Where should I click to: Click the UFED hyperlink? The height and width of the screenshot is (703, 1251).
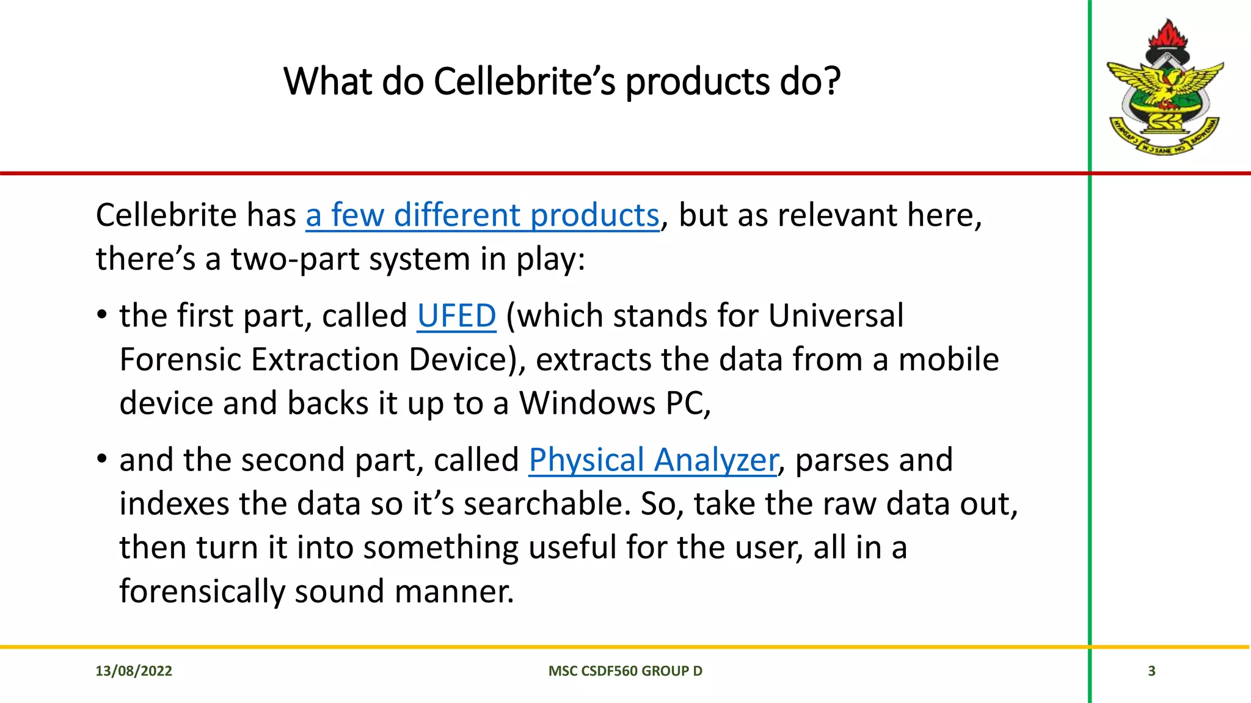tap(456, 316)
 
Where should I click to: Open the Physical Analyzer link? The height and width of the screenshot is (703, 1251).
tap(653, 460)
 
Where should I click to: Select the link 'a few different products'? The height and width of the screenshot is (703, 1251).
tap(482, 215)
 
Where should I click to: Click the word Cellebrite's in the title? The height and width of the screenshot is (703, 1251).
tap(525, 82)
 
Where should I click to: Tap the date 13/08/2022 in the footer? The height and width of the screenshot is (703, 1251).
tap(134, 671)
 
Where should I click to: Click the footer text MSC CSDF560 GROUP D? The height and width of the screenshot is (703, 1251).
tap(625, 671)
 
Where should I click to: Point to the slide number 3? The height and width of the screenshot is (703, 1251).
tap(1151, 671)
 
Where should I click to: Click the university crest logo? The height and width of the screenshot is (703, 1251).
tap(1165, 88)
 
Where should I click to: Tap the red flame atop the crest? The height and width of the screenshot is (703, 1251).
tap(1168, 34)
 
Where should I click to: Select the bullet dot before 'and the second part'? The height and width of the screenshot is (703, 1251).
tap(102, 460)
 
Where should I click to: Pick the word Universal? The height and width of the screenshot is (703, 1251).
tap(835, 316)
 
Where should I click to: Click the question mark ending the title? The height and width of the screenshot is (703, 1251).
tap(831, 82)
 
